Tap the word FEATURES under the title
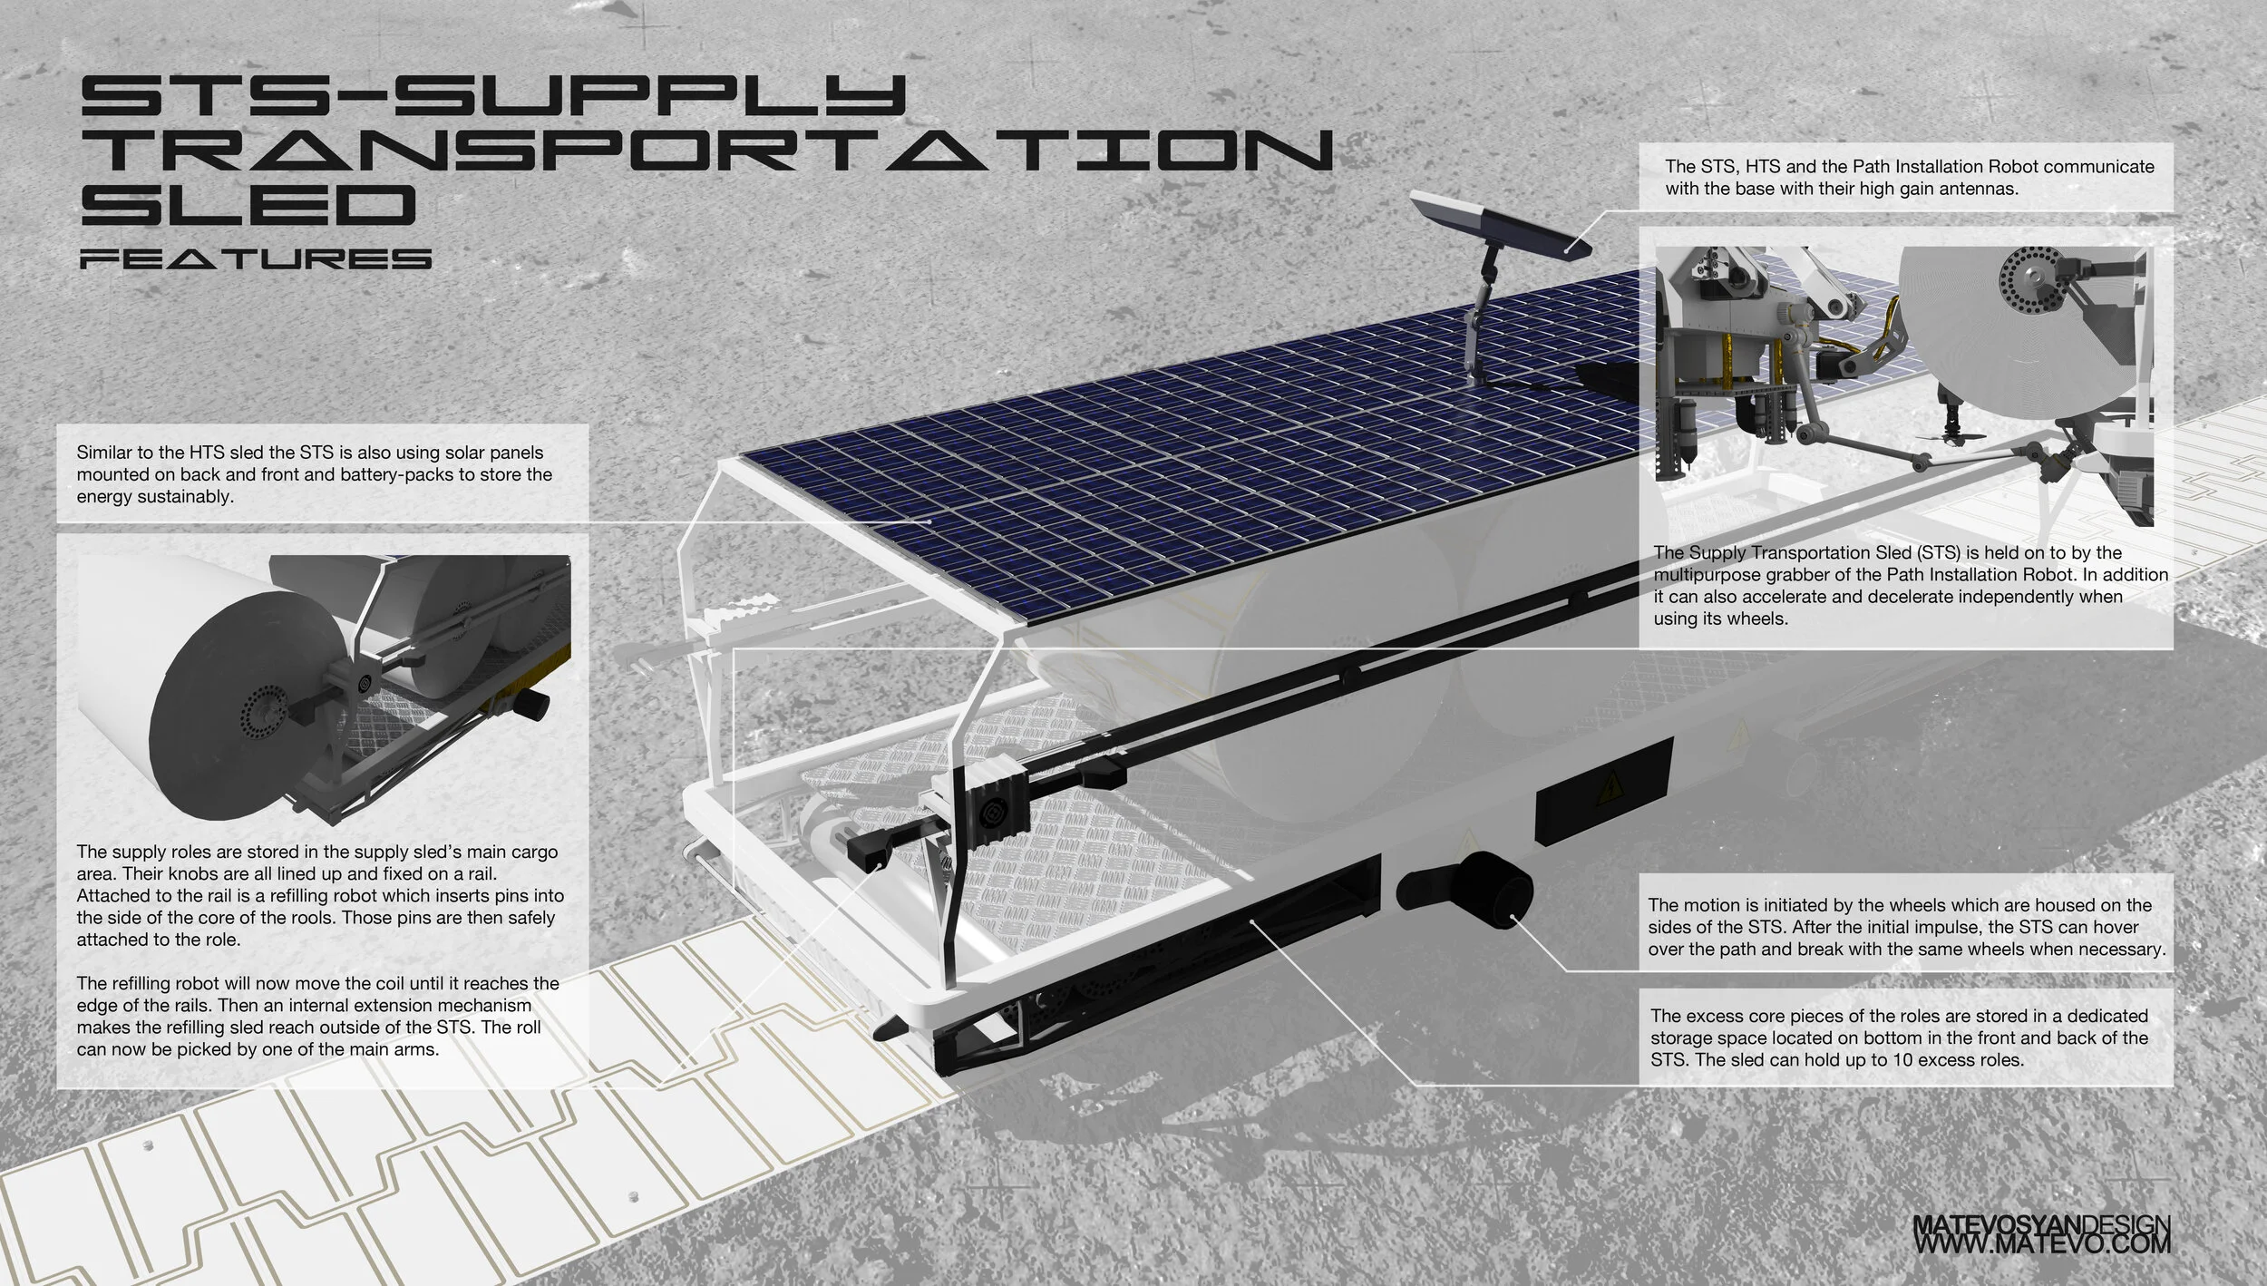[256, 260]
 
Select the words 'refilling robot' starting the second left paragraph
[160, 983]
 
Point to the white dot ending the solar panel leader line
[930, 521]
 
